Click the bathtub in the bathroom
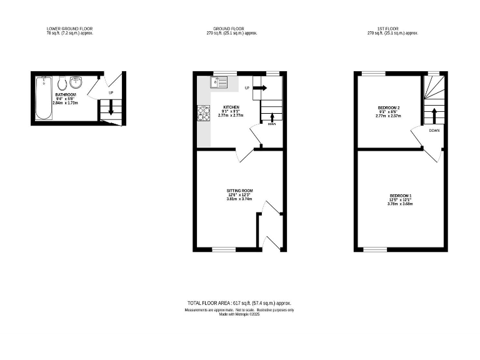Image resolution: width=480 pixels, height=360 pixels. [43, 97]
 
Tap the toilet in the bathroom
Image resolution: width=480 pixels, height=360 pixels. [62, 84]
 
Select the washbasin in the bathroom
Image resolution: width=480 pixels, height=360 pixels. [77, 82]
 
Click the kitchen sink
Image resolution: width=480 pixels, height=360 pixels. [220, 82]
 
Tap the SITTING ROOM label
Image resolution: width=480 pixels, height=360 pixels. [240, 191]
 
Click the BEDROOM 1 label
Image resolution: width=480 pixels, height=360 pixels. [400, 196]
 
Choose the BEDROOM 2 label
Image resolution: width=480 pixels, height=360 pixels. [388, 108]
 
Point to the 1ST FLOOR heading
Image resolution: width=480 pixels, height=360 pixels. [391, 29]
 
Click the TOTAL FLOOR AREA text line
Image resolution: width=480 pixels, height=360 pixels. [239, 303]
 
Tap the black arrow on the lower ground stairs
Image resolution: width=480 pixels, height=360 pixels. [111, 109]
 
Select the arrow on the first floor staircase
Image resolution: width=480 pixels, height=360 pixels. [432, 115]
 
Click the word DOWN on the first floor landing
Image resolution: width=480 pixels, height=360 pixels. [434, 131]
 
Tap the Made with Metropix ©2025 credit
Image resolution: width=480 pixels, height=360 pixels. [239, 314]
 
